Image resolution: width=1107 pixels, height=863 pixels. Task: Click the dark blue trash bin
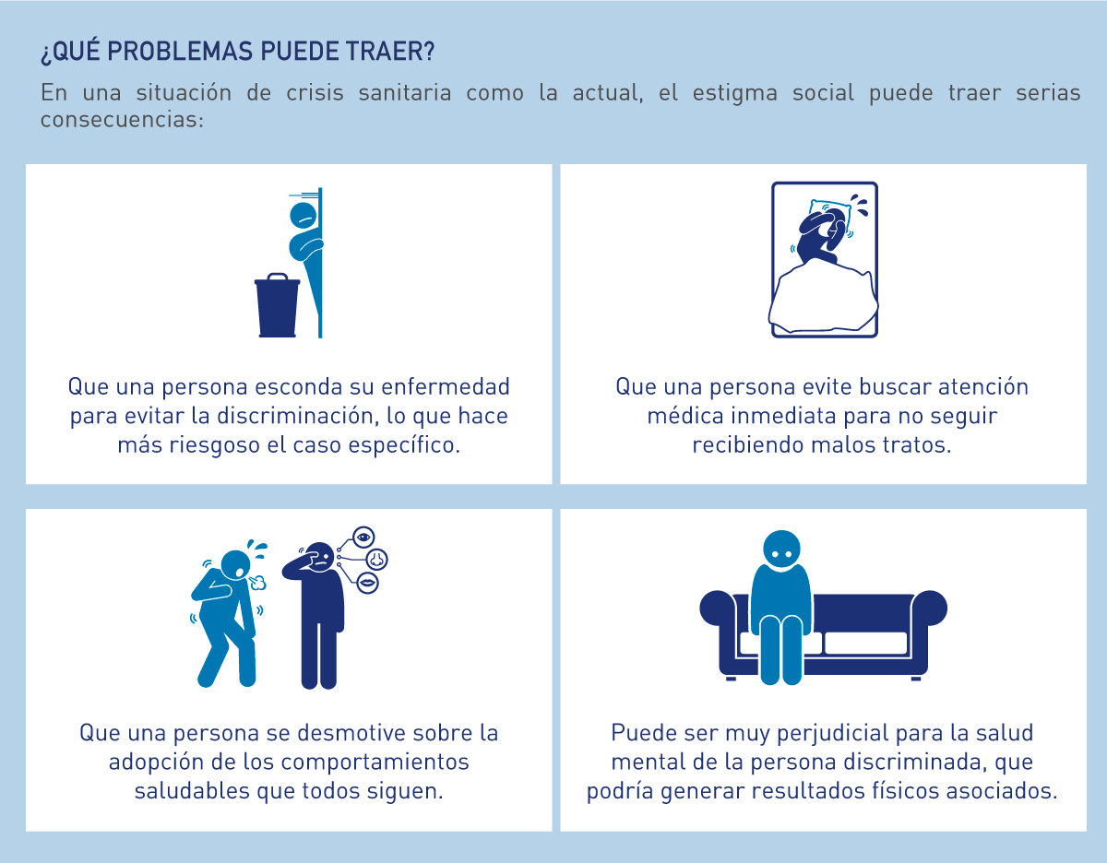277,305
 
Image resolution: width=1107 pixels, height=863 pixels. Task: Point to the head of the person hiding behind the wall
304,216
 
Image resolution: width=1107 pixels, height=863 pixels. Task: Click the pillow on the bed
830,217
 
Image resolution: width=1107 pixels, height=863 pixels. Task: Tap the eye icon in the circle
363,538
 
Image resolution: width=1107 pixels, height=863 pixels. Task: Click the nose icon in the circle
376,559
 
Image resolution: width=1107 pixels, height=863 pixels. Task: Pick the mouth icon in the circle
367,583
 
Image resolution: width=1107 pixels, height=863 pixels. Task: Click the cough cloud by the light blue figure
259,583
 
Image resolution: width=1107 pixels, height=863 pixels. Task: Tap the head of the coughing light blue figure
236,564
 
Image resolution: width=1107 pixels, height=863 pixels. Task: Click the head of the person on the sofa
781,550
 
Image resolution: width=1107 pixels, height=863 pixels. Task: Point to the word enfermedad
446,386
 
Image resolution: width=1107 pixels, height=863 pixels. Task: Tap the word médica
685,416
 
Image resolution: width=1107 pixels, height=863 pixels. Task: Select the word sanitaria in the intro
404,93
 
